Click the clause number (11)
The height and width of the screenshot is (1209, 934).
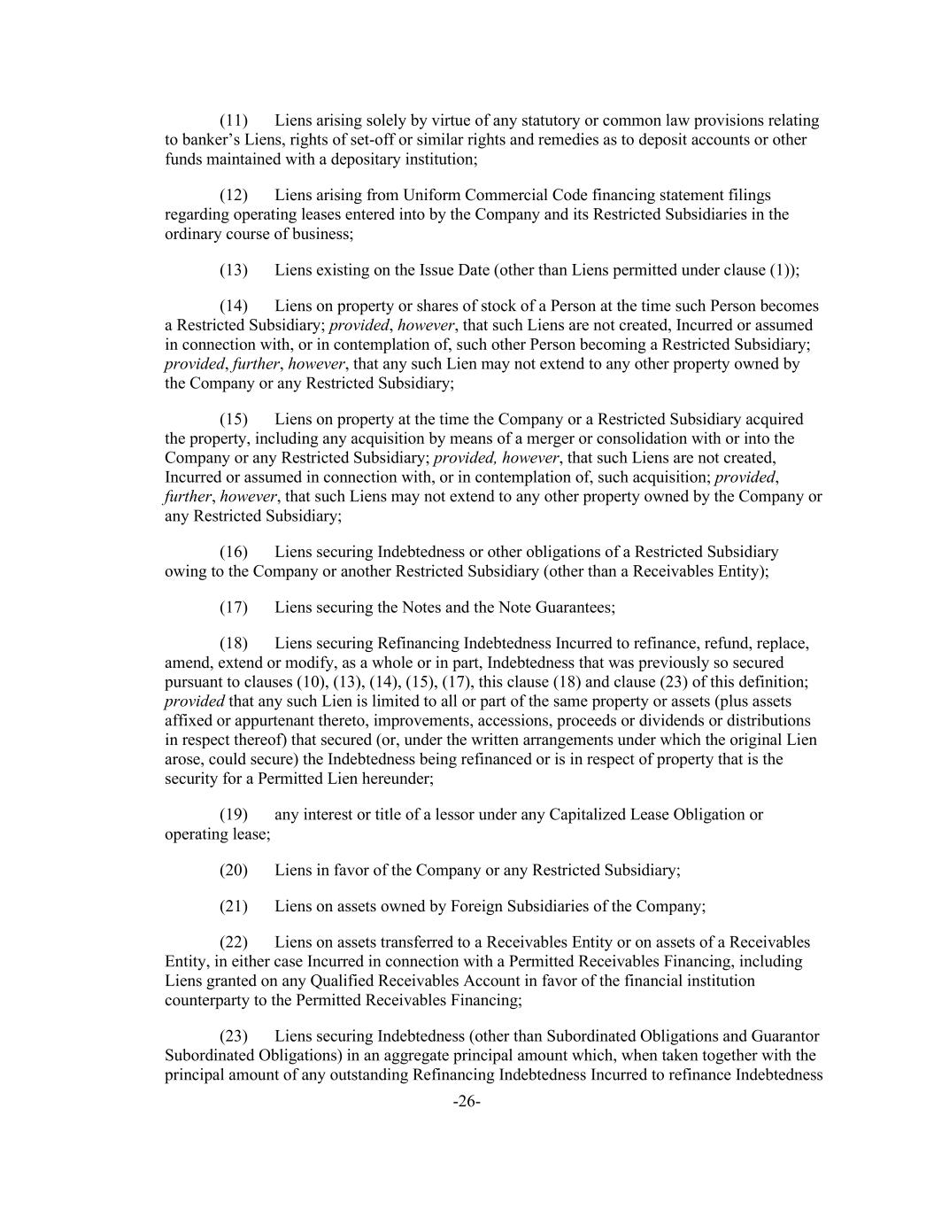[234, 120]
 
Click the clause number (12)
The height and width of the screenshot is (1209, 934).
[234, 195]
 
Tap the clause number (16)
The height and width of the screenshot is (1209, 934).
[234, 552]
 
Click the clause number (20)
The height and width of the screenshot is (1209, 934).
[234, 870]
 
